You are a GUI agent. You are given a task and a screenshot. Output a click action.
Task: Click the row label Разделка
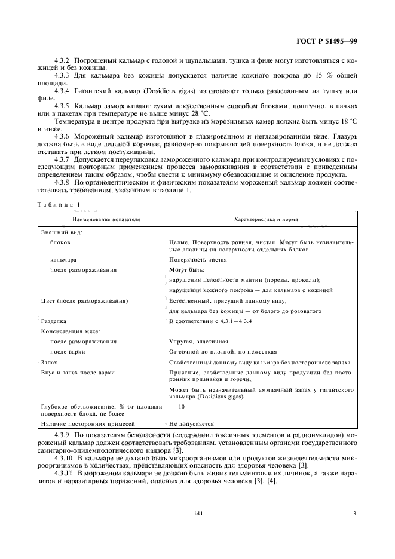53,321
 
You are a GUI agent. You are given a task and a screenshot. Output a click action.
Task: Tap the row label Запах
50,362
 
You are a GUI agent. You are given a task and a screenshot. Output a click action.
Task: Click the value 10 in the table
182,406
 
